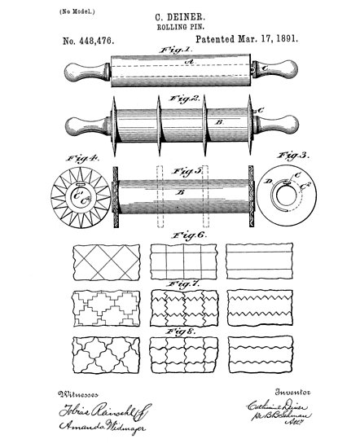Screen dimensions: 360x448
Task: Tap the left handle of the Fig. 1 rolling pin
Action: coord(82,74)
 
